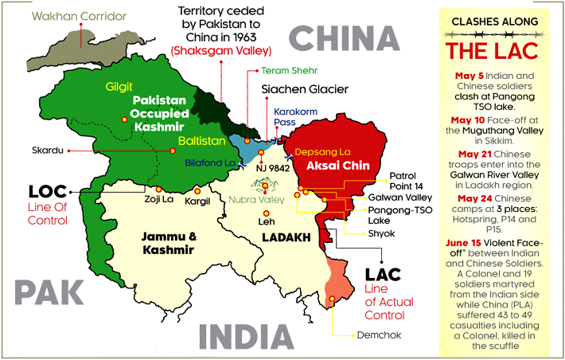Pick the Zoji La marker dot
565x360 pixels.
click(x=158, y=189)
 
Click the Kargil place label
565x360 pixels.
click(x=197, y=201)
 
